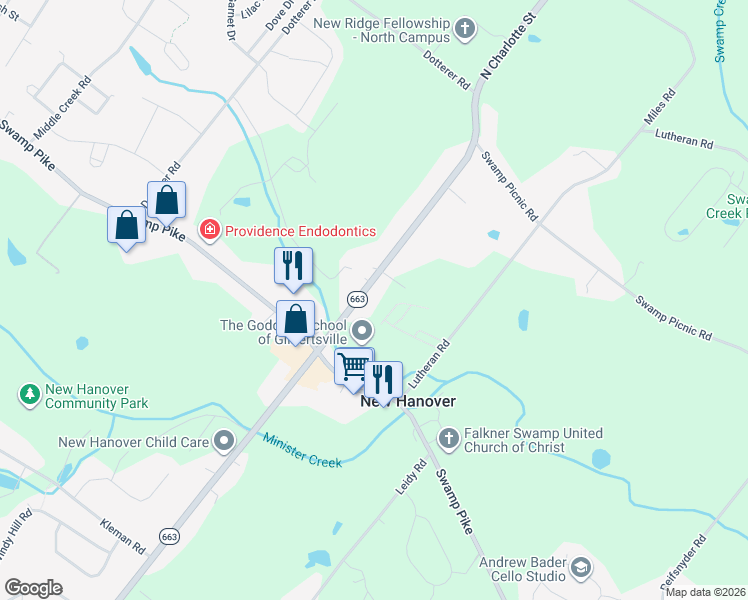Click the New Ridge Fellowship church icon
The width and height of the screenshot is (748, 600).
point(465,30)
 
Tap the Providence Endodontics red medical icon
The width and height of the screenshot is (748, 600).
point(210,231)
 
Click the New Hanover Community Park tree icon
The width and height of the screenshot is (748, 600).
point(30,396)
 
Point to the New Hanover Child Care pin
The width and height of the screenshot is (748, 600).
point(224,441)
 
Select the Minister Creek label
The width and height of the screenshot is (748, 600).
point(302,450)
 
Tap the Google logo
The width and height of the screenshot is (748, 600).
point(33,588)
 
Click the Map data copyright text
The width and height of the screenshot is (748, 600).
point(705,592)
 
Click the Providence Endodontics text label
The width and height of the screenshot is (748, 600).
point(300,231)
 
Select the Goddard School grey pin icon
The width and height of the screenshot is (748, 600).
point(362,329)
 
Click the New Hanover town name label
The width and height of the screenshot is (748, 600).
point(408,401)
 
